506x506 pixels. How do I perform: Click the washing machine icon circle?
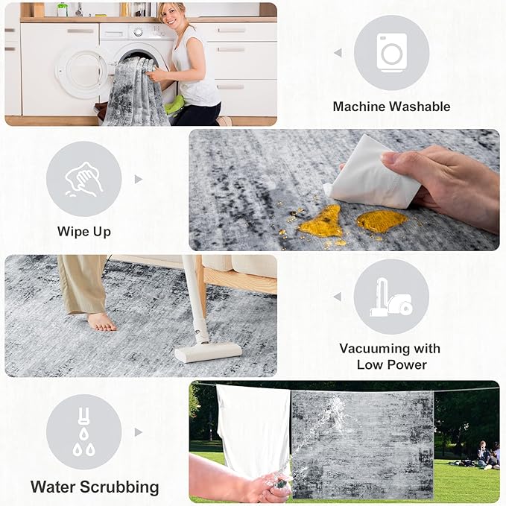[x=391, y=53]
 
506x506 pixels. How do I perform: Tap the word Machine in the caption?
[x=358, y=107]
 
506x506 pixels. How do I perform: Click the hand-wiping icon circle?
[x=84, y=179]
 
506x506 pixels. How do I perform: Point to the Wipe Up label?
[x=84, y=232]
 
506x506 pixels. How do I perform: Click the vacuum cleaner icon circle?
[x=391, y=297]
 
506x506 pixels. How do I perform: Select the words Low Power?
[x=391, y=365]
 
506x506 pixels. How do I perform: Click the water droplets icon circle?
[x=84, y=431]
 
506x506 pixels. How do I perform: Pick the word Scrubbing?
[x=119, y=487]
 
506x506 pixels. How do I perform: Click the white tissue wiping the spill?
[x=371, y=173]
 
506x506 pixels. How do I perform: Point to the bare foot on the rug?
[x=101, y=322]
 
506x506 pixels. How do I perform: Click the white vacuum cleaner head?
[x=208, y=352]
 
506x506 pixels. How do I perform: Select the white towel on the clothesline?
[x=253, y=429]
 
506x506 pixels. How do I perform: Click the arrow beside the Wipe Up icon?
[x=139, y=179]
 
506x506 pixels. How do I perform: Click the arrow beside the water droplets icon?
[x=139, y=432]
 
